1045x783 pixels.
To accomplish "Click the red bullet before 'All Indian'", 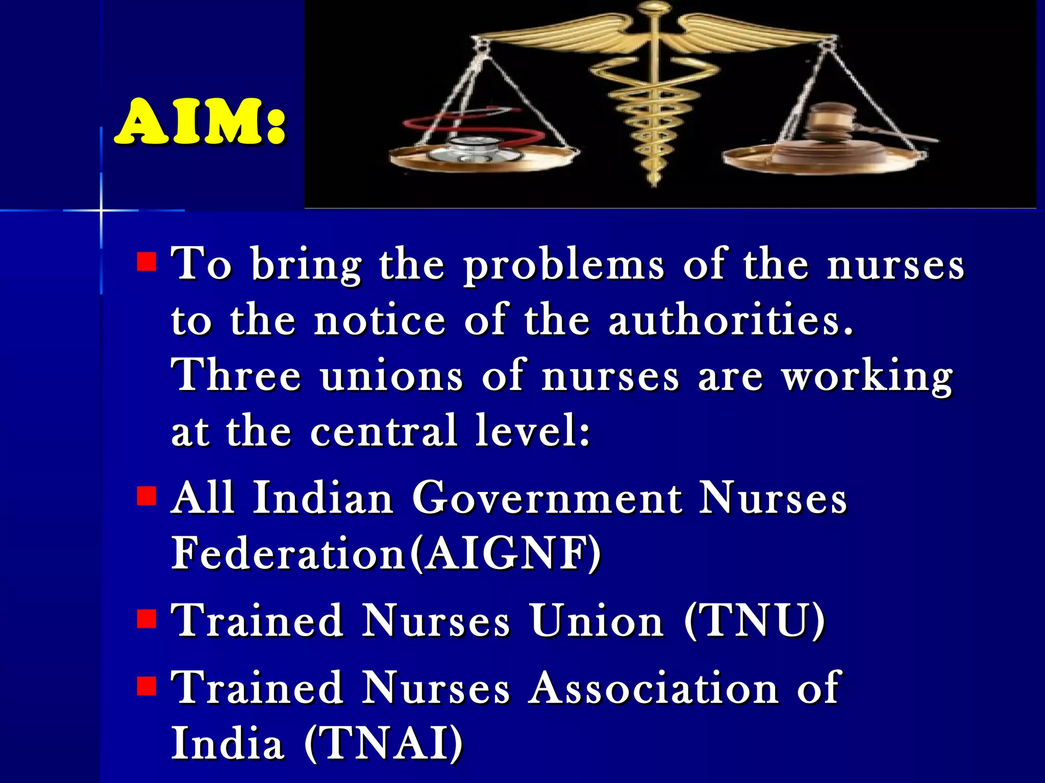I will (146, 495).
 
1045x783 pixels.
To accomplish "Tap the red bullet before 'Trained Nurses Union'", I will (146, 619).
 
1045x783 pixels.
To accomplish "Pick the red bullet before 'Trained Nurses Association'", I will (146, 686).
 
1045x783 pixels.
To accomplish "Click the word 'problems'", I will (564, 265).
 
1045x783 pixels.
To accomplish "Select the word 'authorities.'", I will (731, 320).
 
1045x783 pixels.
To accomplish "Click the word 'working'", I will (867, 377).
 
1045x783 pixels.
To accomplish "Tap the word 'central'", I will (383, 431).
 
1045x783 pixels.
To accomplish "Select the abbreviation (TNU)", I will (754, 621).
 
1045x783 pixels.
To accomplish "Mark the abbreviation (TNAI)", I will (383, 743).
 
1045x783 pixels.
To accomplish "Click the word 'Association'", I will (653, 688).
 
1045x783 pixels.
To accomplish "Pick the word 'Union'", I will (597, 621).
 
